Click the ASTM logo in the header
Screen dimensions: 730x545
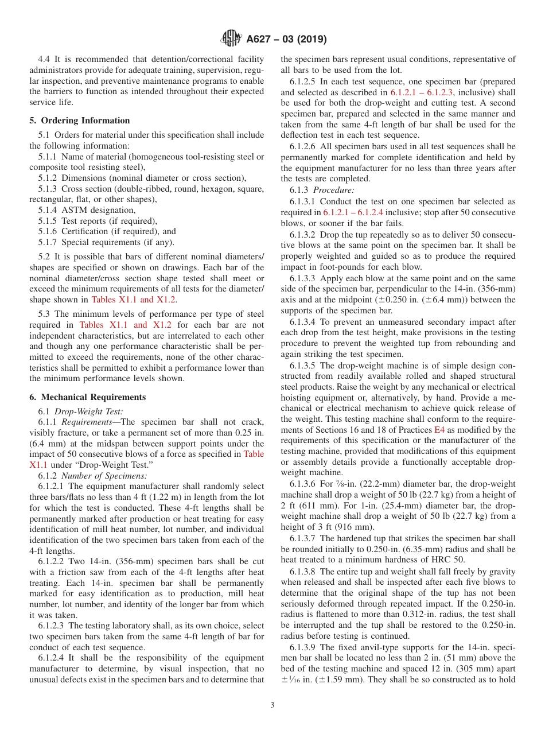point(231,39)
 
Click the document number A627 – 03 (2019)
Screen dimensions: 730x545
point(286,40)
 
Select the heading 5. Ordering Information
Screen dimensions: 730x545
point(80,121)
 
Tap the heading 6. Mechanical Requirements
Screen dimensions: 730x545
point(88,397)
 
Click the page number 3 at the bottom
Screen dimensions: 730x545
point(272,705)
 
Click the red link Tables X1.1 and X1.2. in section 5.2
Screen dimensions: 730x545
point(134,300)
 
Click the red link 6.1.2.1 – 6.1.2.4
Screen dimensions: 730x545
point(356,212)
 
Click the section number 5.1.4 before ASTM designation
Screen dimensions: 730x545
point(48,210)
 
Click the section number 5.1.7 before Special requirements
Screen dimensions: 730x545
point(48,242)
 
